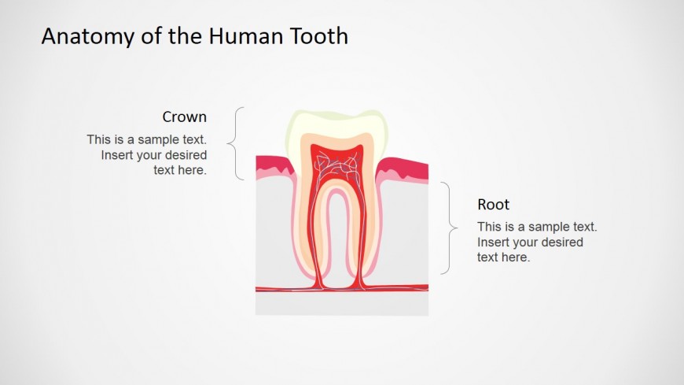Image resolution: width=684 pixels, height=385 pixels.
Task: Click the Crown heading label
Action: (x=185, y=117)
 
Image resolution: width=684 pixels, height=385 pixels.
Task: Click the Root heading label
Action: (x=494, y=205)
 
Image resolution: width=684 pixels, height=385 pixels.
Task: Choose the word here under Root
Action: (x=516, y=257)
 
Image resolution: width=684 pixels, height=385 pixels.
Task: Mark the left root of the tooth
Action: (x=314, y=236)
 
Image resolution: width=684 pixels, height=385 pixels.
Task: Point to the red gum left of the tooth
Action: (x=271, y=165)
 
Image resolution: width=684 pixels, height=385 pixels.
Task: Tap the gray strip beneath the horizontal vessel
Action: (x=341, y=304)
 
